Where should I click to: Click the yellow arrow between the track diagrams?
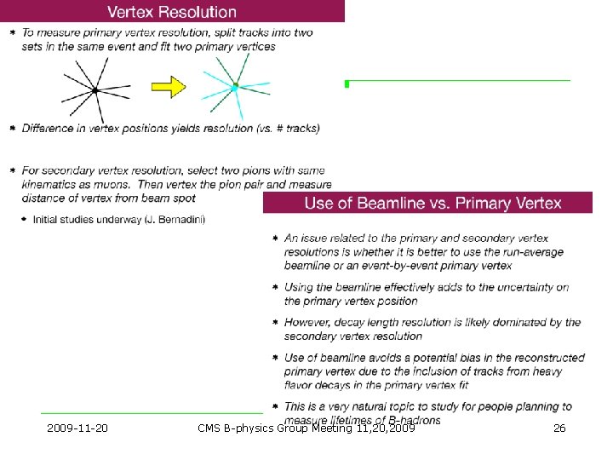168,87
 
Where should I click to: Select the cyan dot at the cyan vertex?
235,87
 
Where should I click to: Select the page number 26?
559,428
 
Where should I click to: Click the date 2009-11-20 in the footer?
77,428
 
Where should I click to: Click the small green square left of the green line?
347,83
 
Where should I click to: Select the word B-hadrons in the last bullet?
411,420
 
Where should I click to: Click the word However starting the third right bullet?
307,322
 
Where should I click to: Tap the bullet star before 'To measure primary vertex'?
12,32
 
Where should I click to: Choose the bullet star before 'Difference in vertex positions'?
12,129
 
